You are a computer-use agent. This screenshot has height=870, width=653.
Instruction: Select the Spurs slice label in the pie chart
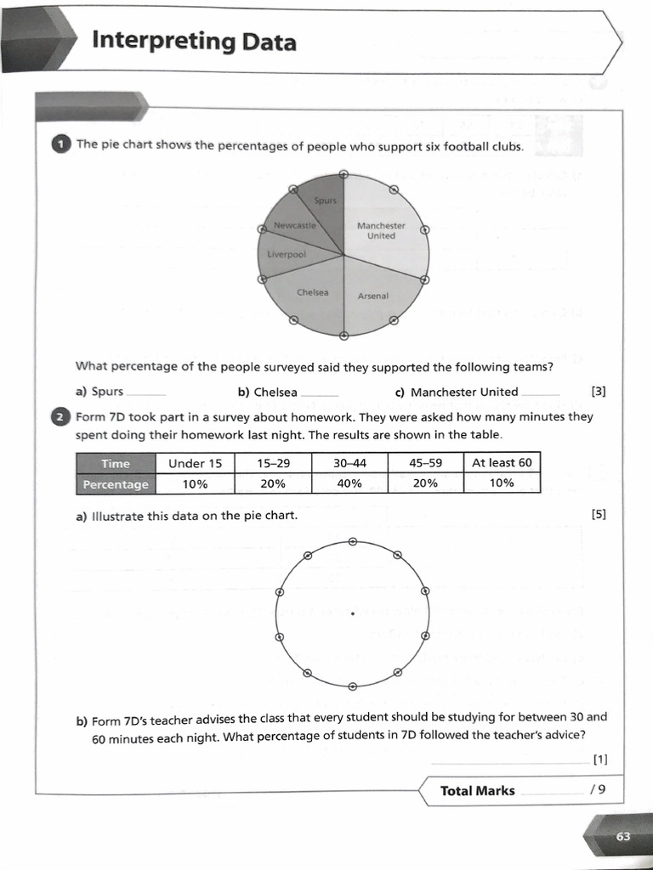pyautogui.click(x=326, y=201)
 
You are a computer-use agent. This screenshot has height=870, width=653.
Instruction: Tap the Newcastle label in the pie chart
pyautogui.click(x=294, y=226)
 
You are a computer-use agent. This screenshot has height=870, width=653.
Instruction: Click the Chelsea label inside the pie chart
pyautogui.click(x=313, y=292)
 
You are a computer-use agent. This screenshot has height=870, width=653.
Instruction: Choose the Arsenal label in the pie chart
pyautogui.click(x=373, y=296)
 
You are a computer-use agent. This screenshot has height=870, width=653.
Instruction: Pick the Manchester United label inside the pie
pyautogui.click(x=381, y=231)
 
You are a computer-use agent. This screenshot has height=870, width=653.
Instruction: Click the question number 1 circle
pyautogui.click(x=62, y=145)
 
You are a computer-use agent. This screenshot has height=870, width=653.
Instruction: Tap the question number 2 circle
pyautogui.click(x=62, y=417)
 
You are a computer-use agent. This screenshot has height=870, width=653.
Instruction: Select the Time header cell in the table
pyautogui.click(x=116, y=463)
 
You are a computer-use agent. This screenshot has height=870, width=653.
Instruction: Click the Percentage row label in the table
pyautogui.click(x=116, y=484)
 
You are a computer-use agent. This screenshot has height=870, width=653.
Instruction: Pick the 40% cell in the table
pyautogui.click(x=349, y=483)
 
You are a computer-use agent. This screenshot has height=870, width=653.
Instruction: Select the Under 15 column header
pyautogui.click(x=195, y=463)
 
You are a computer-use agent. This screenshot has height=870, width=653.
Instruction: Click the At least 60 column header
pyautogui.click(x=502, y=462)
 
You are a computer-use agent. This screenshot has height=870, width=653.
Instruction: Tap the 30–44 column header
pyautogui.click(x=349, y=463)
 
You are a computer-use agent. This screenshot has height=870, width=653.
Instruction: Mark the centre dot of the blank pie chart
pyautogui.click(x=352, y=613)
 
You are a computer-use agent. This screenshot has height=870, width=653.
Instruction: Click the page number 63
pyautogui.click(x=623, y=837)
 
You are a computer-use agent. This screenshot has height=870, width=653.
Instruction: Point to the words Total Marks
pyautogui.click(x=477, y=791)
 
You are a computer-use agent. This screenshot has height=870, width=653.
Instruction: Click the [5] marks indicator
pyautogui.click(x=598, y=515)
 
